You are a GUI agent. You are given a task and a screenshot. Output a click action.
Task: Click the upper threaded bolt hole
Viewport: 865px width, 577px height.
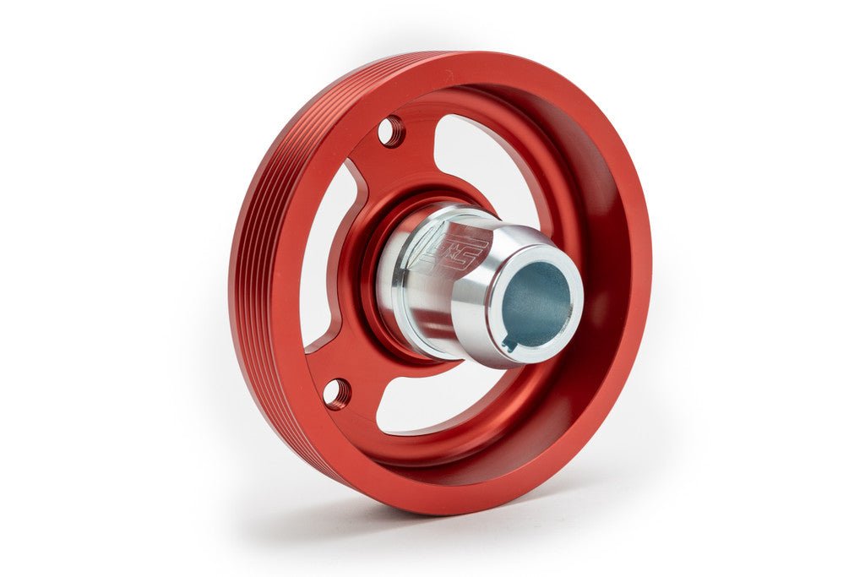(390, 131)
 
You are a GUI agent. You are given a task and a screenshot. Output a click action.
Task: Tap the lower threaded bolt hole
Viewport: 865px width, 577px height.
(336, 393)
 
